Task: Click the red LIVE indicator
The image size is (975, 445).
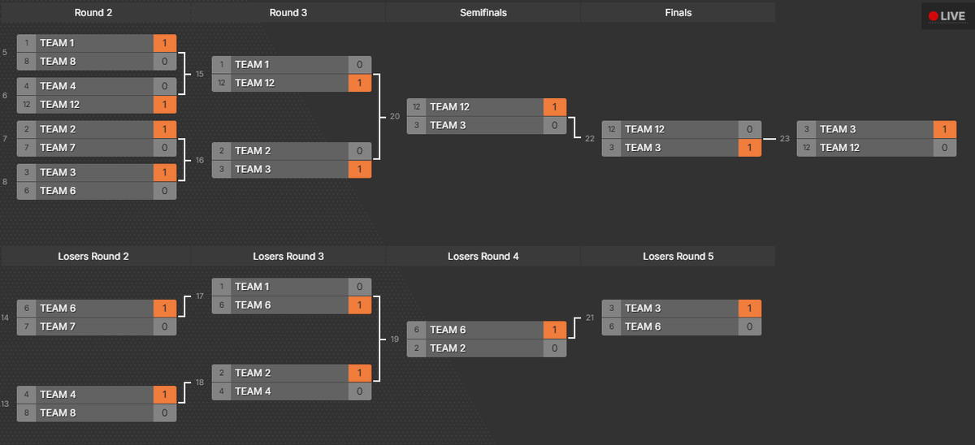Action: (947, 16)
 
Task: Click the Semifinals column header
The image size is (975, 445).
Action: (483, 13)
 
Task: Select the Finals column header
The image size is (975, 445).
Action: (678, 13)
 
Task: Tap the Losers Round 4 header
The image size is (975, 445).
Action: (483, 257)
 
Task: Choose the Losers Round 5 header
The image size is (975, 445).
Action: (678, 257)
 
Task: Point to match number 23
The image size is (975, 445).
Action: (785, 139)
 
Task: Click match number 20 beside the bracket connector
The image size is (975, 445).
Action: (395, 117)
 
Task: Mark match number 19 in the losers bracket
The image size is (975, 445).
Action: (395, 339)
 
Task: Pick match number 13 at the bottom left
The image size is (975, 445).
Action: (6, 404)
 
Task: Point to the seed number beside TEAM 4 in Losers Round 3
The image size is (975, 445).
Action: (222, 391)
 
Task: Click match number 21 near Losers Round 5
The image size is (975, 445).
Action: (590, 318)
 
